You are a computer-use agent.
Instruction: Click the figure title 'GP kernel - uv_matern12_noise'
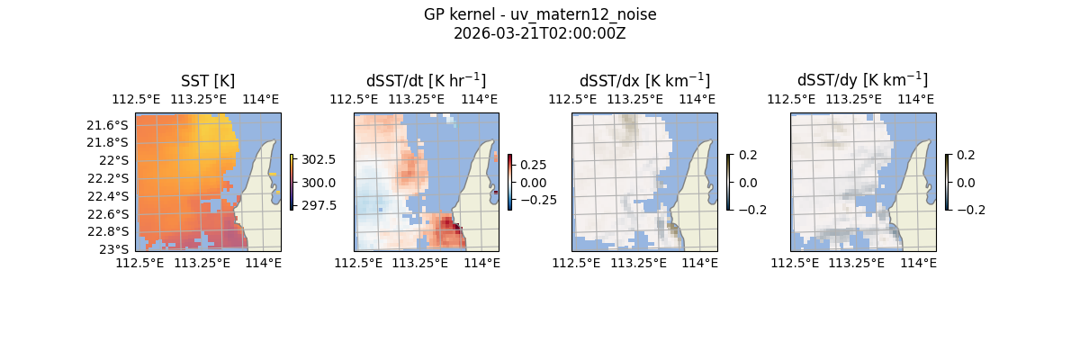(x=539, y=14)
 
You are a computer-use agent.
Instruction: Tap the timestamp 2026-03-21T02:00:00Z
(x=539, y=33)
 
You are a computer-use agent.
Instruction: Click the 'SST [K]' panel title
(x=208, y=80)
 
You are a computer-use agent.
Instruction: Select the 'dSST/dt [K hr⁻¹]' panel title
(x=426, y=80)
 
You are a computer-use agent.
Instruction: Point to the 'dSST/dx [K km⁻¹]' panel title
(x=644, y=80)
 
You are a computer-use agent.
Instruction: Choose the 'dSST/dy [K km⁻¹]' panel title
(x=862, y=80)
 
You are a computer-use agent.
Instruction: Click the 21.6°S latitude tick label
(x=107, y=124)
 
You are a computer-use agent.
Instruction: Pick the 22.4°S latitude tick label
(x=107, y=196)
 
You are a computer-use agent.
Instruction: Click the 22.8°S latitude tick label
(x=107, y=231)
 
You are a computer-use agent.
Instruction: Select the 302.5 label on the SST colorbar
(x=319, y=159)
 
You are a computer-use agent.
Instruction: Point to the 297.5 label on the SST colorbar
(x=319, y=205)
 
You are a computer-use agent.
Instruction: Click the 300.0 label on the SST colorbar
(x=319, y=183)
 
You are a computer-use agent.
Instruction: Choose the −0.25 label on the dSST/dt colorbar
(x=536, y=200)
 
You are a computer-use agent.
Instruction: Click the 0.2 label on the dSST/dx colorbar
(x=748, y=155)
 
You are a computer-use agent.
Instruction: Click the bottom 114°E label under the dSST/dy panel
(x=918, y=263)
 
